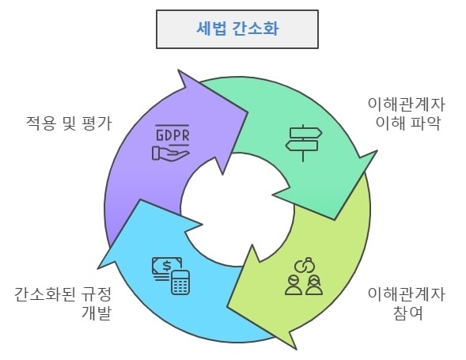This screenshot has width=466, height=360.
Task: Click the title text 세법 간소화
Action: tap(237, 28)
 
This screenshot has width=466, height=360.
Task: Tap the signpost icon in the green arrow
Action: tap(304, 143)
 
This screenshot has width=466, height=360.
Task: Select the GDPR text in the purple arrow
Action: tap(172, 135)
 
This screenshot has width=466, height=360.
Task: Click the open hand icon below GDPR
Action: tap(170, 153)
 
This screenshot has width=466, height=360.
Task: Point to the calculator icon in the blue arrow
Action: tap(180, 282)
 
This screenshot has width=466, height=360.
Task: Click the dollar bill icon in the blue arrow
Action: tap(167, 267)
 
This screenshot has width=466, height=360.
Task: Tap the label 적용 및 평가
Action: tap(69, 123)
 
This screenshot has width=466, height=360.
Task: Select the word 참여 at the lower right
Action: tap(407, 313)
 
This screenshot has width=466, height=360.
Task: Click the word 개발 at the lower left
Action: tap(97, 313)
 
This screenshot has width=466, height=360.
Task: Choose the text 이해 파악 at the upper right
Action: tap(407, 123)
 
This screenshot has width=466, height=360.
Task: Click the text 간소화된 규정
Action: tap(63, 294)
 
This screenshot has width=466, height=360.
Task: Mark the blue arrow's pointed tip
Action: tap(98, 268)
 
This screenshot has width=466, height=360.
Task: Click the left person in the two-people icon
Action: tap(294, 285)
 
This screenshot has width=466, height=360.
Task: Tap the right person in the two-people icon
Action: tap(314, 285)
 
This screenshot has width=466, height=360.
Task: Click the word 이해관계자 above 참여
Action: tap(407, 294)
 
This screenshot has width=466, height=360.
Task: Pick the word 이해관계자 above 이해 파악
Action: tap(407, 104)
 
